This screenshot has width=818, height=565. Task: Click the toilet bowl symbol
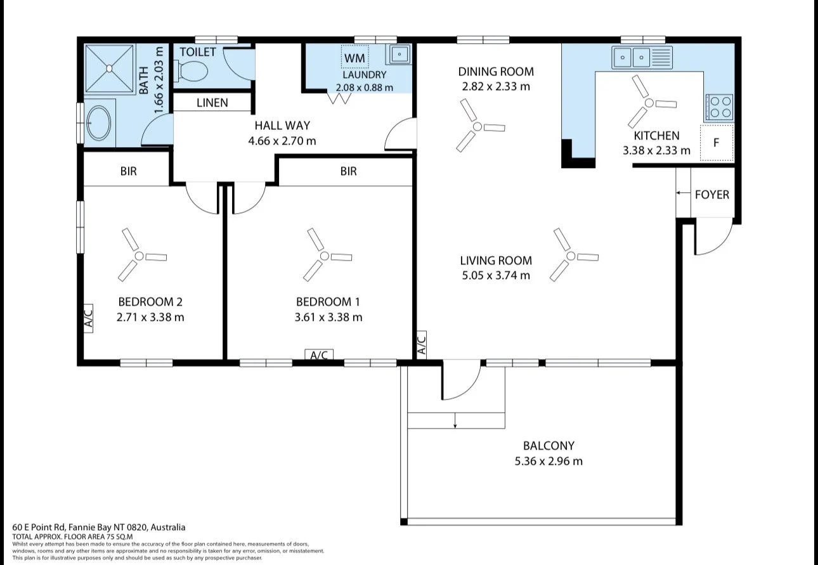191,71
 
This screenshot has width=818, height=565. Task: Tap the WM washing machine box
354,56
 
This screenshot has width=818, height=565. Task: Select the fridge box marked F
717,143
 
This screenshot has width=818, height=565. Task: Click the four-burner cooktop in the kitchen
720,107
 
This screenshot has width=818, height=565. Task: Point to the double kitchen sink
642,57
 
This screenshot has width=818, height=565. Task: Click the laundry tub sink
399,55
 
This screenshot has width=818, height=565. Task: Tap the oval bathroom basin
99,123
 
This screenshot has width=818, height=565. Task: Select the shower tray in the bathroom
109,68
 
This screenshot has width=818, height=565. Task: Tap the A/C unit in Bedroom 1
319,354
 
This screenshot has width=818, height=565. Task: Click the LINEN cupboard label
212,103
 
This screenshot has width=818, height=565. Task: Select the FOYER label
712,195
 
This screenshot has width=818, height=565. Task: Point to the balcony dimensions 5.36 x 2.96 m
549,461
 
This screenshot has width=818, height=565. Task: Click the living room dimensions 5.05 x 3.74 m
496,275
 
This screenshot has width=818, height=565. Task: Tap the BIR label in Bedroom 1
348,171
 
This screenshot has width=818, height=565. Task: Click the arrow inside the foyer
683,193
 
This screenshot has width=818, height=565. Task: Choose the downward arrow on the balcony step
455,420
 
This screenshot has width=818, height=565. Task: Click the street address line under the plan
98,527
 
